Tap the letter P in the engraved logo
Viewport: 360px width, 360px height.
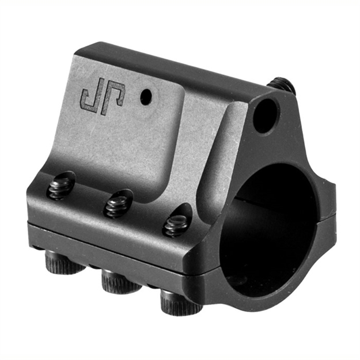[x=113, y=98]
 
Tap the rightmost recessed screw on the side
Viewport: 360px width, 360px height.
[x=175, y=225]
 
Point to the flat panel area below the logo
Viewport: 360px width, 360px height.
[x=127, y=144]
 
